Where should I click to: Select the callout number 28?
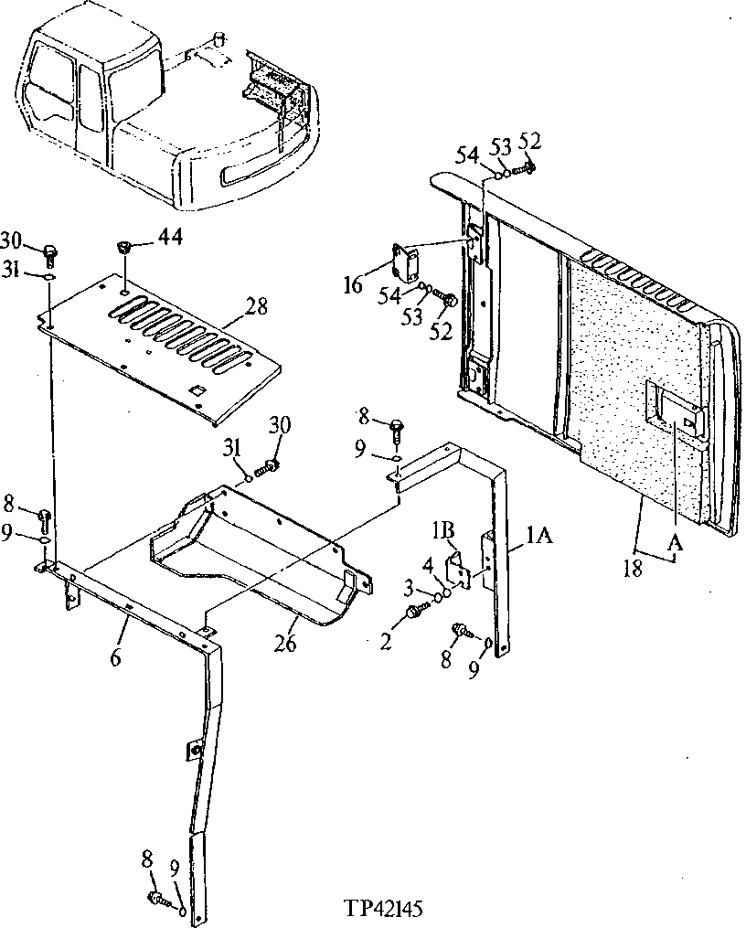pos(257,305)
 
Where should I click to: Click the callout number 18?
pos(631,567)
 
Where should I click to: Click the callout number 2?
pos(386,643)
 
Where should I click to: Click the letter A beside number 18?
pos(675,543)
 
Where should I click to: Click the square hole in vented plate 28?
pos(195,390)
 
